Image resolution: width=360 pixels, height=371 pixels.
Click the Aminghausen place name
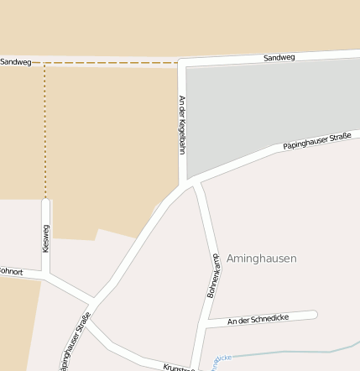[261, 259]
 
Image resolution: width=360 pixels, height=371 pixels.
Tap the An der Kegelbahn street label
[181, 124]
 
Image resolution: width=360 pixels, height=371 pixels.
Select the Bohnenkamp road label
[213, 276]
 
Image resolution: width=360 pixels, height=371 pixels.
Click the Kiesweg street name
[46, 238]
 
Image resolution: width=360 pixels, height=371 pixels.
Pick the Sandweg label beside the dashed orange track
[14, 62]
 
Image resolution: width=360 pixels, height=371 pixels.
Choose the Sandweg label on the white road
[279, 58]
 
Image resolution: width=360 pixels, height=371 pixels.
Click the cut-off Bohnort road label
[10, 271]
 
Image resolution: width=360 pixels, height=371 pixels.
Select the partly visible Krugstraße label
[179, 367]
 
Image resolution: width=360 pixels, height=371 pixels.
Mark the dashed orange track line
[109, 63]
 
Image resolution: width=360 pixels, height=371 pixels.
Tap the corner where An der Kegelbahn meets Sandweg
[182, 63]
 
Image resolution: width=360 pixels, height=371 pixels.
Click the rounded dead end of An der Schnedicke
[314, 315]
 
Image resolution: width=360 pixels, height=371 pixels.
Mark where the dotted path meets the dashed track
[44, 63]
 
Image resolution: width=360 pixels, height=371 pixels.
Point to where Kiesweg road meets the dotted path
[45, 200]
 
